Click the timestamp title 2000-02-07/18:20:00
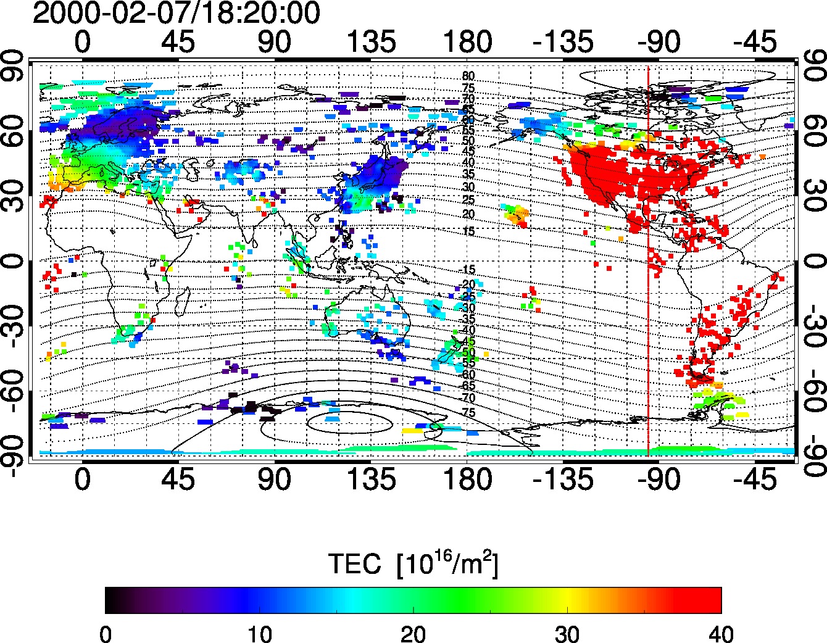click(x=176, y=14)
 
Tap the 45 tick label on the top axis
click(x=178, y=43)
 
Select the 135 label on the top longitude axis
click(x=370, y=43)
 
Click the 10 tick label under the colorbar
click(x=259, y=633)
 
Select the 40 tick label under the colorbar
click(x=721, y=633)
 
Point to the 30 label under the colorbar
click(x=567, y=633)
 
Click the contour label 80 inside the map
click(x=468, y=77)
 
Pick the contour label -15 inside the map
click(x=468, y=270)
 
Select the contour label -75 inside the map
click(x=468, y=412)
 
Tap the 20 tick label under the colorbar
click(x=413, y=633)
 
